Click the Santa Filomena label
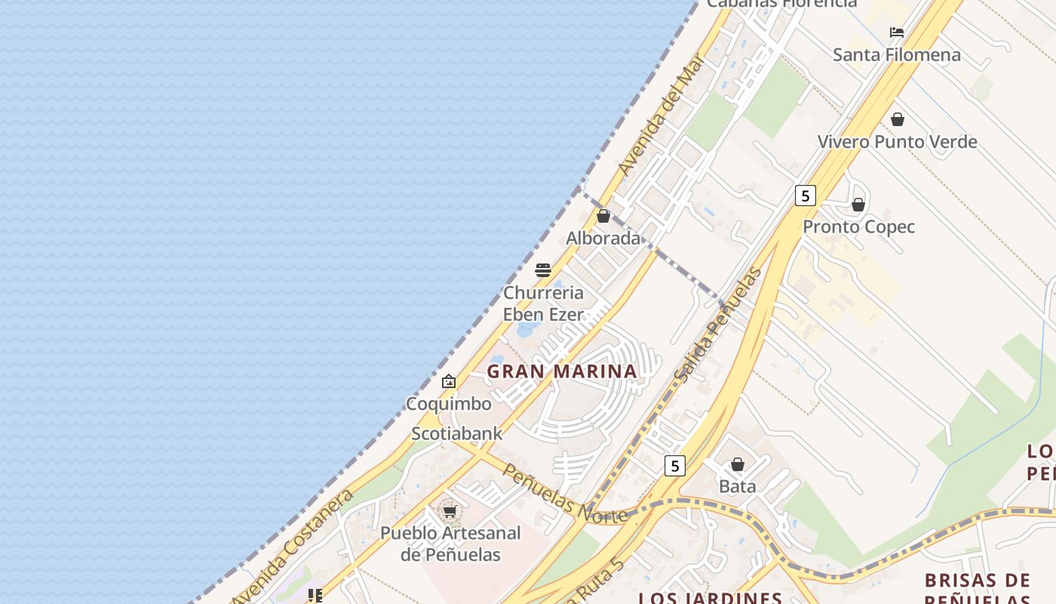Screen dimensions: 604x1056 [896, 54]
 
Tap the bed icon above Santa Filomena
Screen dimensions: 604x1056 [897, 32]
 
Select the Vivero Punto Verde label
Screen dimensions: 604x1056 [897, 141]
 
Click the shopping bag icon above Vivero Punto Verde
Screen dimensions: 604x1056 [898, 119]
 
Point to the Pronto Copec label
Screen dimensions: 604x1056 [858, 226]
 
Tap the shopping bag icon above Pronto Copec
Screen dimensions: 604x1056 [858, 205]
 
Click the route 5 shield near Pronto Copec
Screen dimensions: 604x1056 [806, 196]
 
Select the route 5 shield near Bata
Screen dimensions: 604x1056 [675, 465]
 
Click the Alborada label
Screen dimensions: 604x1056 [603, 238]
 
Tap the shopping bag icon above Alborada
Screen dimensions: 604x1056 [603, 216]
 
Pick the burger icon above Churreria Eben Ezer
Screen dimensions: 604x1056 [543, 270]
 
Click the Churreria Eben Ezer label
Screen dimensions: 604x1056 [543, 303]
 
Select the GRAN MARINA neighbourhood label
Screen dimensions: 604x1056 [562, 371]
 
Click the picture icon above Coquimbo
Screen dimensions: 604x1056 [449, 381]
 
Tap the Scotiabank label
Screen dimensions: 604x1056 [456, 433]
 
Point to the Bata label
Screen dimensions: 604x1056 [737, 486]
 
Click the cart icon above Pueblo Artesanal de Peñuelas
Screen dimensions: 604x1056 [450, 511]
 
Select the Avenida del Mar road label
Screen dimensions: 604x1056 [660, 116]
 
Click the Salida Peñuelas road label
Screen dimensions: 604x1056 [717, 325]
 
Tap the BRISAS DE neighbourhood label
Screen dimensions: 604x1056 [978, 581]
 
